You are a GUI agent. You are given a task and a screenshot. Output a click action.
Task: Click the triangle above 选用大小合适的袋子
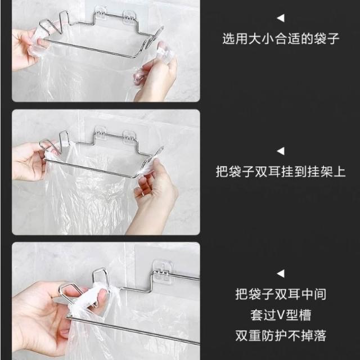click(281, 18)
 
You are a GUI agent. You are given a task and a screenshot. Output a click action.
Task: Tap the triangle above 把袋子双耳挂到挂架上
click(281, 151)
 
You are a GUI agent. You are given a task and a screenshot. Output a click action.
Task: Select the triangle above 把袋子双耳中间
click(281, 273)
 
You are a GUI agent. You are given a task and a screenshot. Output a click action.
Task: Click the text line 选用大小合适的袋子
click(281, 38)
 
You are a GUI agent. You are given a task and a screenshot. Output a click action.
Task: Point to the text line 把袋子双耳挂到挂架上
click(281, 171)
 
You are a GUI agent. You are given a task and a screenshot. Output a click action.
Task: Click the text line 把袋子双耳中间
click(281, 294)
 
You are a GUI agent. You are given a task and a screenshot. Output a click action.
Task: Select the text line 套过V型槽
click(281, 315)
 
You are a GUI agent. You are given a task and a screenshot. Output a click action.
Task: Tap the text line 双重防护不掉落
click(281, 335)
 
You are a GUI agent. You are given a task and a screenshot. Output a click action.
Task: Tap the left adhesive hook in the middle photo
click(101, 133)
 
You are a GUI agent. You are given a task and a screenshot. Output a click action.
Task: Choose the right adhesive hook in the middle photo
click(129, 137)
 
